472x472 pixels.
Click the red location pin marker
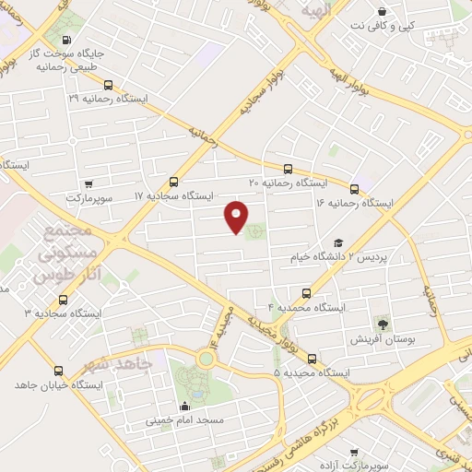(237, 217)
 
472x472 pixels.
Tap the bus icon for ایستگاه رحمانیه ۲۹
(110, 86)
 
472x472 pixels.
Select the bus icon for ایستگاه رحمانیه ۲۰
(289, 170)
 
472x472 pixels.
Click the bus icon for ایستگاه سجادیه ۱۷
(174, 183)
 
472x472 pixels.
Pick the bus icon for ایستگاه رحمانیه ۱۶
(355, 188)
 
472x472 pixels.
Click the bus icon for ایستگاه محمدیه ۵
(311, 359)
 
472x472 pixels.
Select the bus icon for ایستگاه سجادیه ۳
(63, 300)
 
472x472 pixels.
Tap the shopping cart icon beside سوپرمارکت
(88, 184)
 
